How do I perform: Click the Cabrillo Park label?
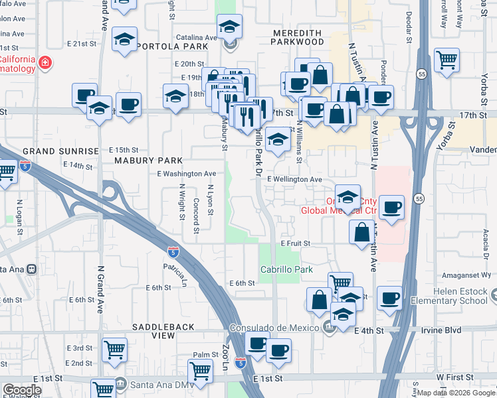[x=286, y=270]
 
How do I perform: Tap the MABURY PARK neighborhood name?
[x=144, y=161]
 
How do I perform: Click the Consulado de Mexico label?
[x=275, y=328]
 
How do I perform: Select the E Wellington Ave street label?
[x=294, y=179]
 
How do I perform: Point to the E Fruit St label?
[x=295, y=243]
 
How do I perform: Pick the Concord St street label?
[x=197, y=216]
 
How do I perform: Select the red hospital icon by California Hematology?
[x=45, y=64]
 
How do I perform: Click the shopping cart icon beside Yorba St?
[x=447, y=60]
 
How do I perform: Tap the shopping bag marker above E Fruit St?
[x=362, y=232]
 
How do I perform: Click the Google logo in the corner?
[x=22, y=390]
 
